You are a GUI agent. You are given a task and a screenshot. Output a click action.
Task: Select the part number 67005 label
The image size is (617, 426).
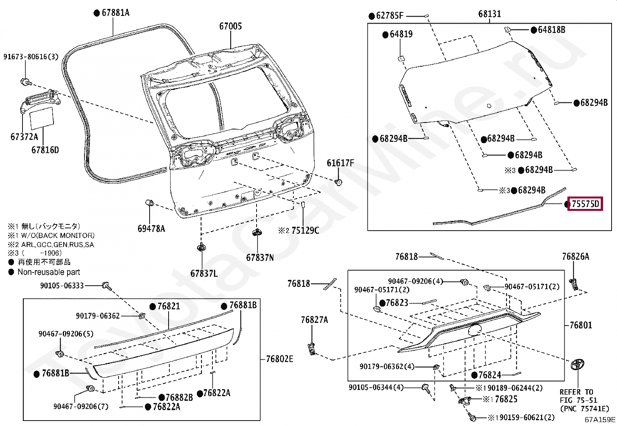click(x=231, y=26)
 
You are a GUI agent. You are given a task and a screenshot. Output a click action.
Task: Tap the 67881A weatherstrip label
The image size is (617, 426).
click(x=115, y=13)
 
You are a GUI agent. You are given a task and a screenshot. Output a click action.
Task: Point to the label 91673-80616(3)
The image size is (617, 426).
click(x=31, y=57)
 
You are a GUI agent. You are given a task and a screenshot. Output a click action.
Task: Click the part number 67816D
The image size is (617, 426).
click(x=45, y=150)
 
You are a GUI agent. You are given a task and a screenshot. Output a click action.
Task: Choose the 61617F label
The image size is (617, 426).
click(x=340, y=163)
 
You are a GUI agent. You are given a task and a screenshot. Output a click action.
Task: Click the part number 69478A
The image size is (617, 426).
click(x=151, y=229)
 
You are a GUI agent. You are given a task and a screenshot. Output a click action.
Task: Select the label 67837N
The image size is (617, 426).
click(x=260, y=257)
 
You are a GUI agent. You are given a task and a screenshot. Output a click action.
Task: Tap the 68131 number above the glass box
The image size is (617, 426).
click(x=489, y=14)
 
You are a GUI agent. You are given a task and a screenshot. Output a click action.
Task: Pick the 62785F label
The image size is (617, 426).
click(x=390, y=16)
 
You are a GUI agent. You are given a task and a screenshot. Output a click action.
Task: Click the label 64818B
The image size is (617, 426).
click(x=551, y=29)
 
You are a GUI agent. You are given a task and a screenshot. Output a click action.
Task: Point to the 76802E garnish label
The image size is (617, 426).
click(x=279, y=359)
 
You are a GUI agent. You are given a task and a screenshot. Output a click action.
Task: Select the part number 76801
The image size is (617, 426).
click(x=581, y=325)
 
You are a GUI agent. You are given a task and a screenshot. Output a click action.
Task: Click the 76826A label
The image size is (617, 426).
click(x=576, y=256)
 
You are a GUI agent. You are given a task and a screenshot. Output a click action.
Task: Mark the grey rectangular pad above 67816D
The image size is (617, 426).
click(x=42, y=117)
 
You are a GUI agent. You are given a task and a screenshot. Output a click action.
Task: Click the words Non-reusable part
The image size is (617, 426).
click(x=49, y=272)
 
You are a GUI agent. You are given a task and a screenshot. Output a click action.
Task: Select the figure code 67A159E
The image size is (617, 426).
click(x=600, y=419)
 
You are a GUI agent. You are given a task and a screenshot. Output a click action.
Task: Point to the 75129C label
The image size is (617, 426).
click(x=305, y=231)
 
